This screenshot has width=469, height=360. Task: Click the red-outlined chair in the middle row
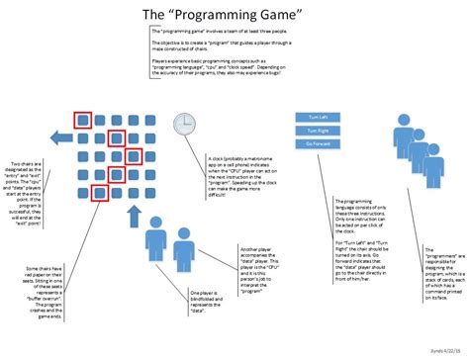click(x=135, y=156)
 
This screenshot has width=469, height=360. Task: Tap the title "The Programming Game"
click(x=234, y=16)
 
